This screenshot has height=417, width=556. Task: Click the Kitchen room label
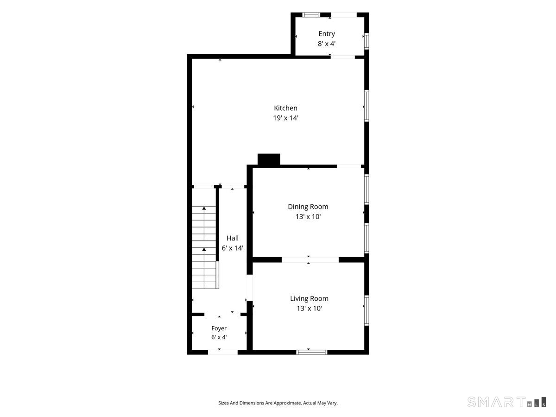285,108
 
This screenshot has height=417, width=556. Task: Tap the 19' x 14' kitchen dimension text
285,118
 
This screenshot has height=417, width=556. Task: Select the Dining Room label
308,207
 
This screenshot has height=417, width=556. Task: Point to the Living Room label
310,298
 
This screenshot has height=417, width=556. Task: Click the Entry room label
327,34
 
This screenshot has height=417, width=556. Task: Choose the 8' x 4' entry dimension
327,44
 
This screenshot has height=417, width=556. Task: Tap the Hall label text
233,238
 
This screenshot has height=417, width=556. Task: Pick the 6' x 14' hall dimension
233,248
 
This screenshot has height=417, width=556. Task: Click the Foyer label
219,329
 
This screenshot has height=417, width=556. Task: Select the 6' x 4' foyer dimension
219,337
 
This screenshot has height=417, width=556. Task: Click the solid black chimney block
269,159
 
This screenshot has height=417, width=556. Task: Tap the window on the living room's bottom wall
311,352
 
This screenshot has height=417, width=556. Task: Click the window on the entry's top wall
311,15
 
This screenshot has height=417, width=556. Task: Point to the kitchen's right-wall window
366,106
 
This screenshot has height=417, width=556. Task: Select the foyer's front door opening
223,352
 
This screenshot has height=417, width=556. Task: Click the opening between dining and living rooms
310,259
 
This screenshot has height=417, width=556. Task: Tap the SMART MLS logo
506,402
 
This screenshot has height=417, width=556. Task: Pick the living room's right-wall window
366,310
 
